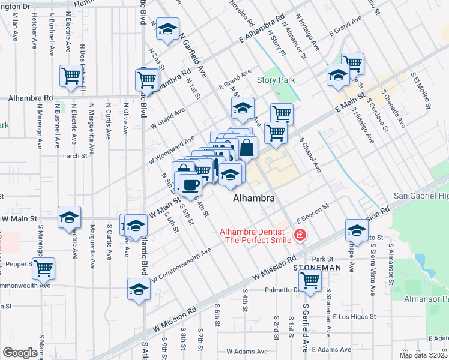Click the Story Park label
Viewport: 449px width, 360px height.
(x=276, y=80)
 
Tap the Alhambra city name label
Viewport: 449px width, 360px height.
(x=254, y=198)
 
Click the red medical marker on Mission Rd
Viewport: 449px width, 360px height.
(x=300, y=237)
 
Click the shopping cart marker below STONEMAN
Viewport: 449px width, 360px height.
(x=310, y=280)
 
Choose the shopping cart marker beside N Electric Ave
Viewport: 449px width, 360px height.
(x=71, y=76)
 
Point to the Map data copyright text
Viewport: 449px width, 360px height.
(x=423, y=355)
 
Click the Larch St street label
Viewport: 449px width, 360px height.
(x=75, y=156)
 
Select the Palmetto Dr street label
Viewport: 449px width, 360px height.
(x=282, y=290)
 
